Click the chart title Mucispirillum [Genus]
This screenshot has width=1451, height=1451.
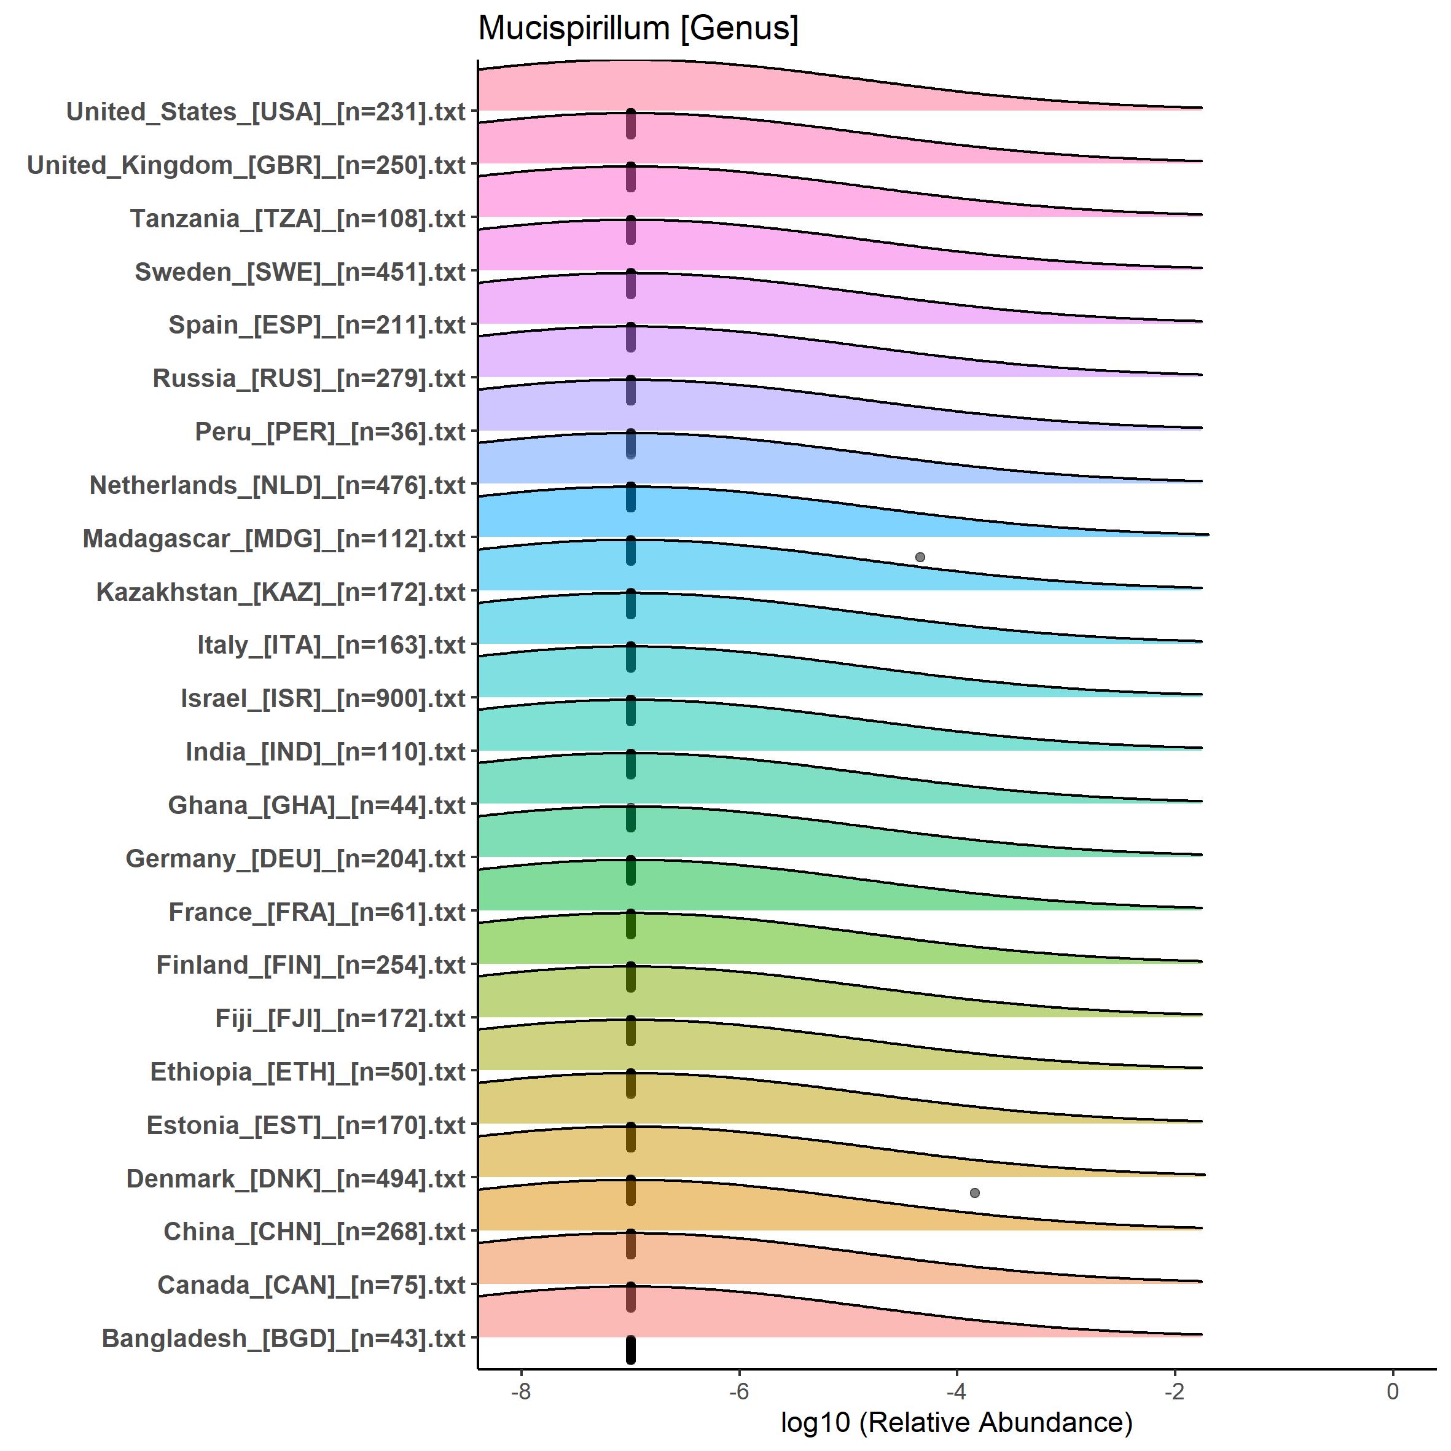pos(638,28)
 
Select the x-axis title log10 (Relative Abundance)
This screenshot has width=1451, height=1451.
pos(956,1422)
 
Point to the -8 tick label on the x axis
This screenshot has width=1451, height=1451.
pos(520,1391)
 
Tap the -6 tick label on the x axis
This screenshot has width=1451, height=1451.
pos(738,1391)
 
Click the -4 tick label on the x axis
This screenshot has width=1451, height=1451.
pos(956,1391)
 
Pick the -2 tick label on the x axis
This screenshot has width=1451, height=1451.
pos(1174,1391)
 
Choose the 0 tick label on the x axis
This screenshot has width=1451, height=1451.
pos(1393,1391)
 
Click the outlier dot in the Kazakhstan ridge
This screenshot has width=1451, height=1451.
pos(920,557)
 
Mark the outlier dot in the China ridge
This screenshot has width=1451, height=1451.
pos(975,1192)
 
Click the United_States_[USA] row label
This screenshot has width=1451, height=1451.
pos(266,112)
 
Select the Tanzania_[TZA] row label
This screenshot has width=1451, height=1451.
pos(298,219)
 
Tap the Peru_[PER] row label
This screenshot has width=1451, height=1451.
pos(330,432)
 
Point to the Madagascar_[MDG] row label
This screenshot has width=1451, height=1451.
pos(274,539)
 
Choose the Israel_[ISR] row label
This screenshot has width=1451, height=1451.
pos(323,698)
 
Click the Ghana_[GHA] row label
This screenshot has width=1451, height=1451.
pos(317,805)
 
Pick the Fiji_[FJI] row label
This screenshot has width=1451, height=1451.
pos(340,1019)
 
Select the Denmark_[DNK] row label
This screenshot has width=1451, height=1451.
pos(296,1178)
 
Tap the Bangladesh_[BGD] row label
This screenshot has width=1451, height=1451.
pos(284,1339)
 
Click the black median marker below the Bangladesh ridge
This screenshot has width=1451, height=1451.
pos(631,1350)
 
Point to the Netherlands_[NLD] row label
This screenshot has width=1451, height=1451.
pos(278,485)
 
